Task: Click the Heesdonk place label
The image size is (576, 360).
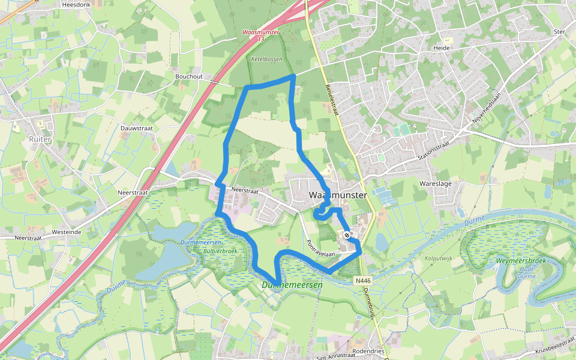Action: click(x=76, y=4)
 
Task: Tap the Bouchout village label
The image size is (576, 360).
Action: click(x=189, y=77)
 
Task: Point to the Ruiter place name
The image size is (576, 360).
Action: click(x=40, y=139)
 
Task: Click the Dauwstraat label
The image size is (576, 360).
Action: click(x=137, y=128)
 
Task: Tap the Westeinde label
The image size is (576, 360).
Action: click(x=67, y=232)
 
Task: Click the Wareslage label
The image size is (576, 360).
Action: click(x=436, y=184)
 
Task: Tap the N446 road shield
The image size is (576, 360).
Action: click(x=362, y=280)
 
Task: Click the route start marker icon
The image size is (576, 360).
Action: click(x=347, y=235)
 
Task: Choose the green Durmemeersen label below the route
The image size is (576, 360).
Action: click(x=292, y=285)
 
